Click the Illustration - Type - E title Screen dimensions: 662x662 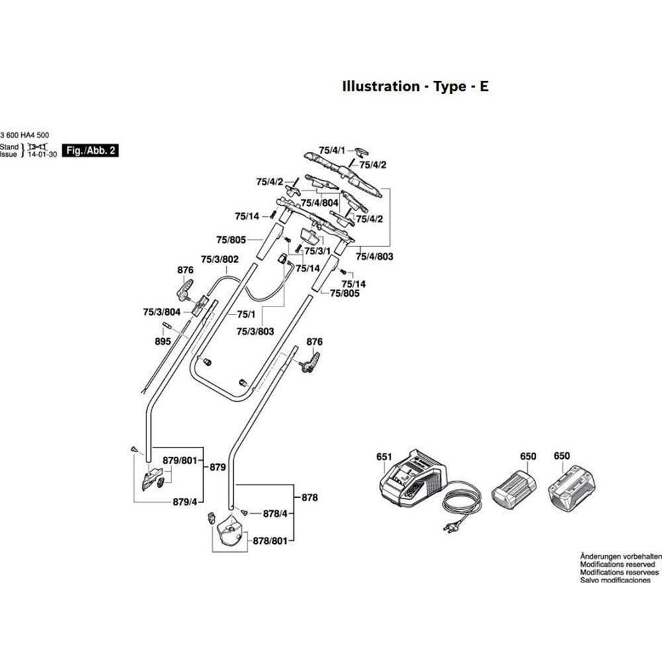415,86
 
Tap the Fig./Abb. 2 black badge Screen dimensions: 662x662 89,151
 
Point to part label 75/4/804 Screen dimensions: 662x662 320,203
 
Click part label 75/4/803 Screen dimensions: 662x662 375,256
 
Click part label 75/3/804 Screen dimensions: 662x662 162,311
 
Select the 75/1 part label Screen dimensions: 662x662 246,314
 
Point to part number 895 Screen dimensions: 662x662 163,341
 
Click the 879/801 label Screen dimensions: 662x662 181,460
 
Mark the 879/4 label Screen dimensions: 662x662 185,501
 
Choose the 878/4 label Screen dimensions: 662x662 275,513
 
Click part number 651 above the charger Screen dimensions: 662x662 384,457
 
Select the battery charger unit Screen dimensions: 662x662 413,480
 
